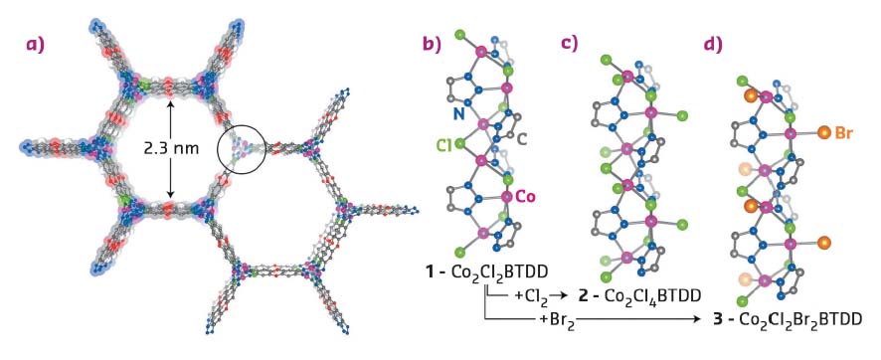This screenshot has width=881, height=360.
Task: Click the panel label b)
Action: (432, 45)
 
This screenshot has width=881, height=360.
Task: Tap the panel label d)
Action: (713, 45)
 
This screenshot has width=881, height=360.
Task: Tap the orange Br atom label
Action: (844, 130)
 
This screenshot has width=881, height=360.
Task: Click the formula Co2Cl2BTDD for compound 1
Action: (489, 270)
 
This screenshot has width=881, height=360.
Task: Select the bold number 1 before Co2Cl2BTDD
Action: (426, 270)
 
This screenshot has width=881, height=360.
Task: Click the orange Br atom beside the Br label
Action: (823, 131)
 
